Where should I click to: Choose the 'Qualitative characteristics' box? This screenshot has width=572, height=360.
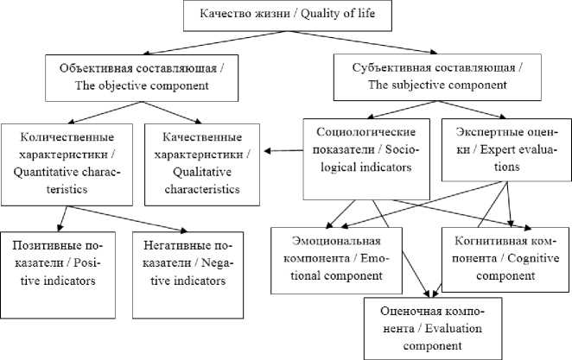click(200, 163)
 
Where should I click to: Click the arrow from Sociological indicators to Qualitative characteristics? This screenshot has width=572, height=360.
click(283, 152)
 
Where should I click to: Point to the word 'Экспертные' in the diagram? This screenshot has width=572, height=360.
click(481, 132)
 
